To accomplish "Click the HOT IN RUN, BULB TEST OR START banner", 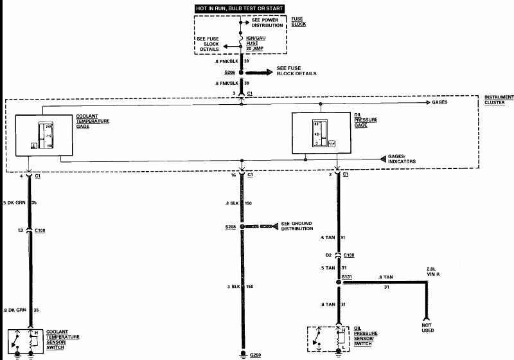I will pyautogui.click(x=240, y=7).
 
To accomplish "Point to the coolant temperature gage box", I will pyautogui.click(x=44, y=134).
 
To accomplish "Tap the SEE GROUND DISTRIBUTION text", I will pyautogui.click(x=297, y=226).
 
